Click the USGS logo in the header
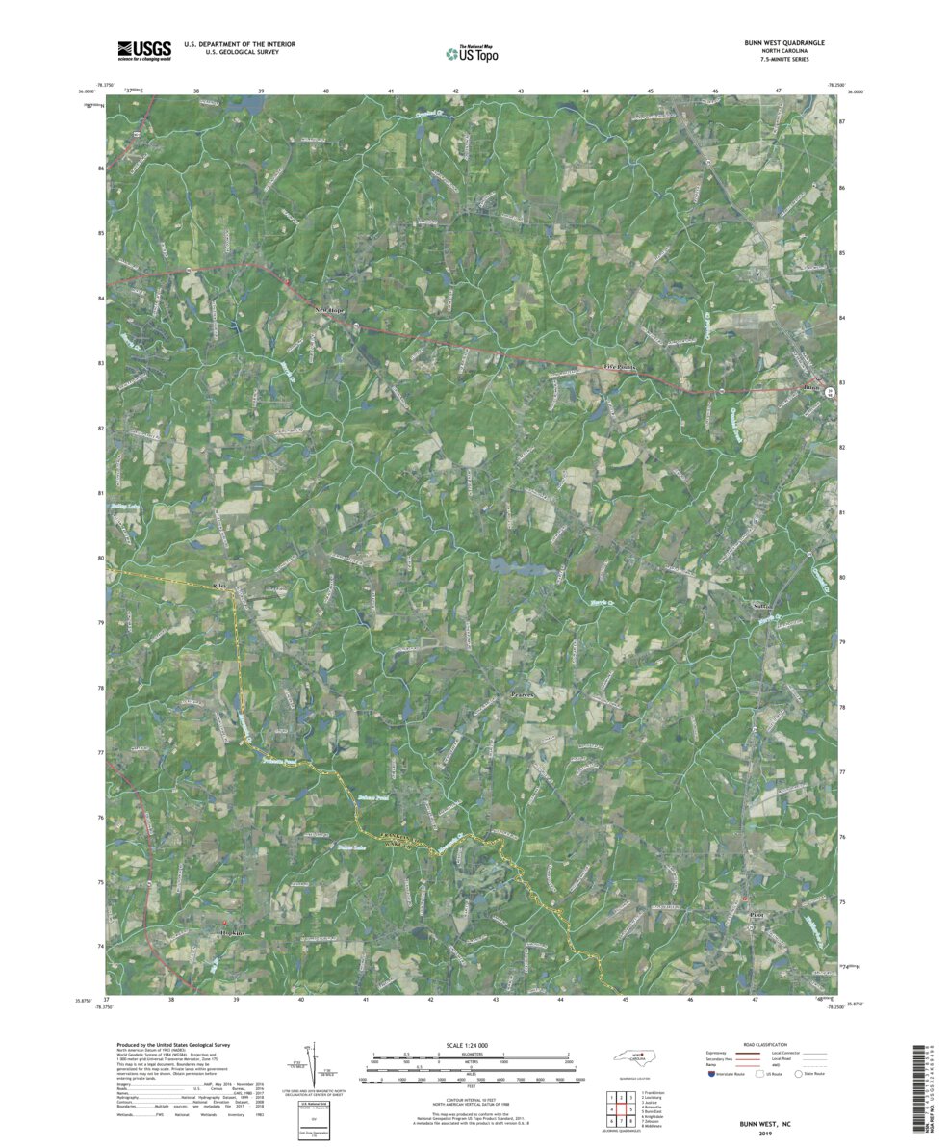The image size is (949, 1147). point(144,50)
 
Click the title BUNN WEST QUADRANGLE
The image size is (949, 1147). point(769,44)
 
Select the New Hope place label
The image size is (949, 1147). point(330,310)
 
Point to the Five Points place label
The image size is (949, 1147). point(621,368)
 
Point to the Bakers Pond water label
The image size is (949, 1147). point(372,798)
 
